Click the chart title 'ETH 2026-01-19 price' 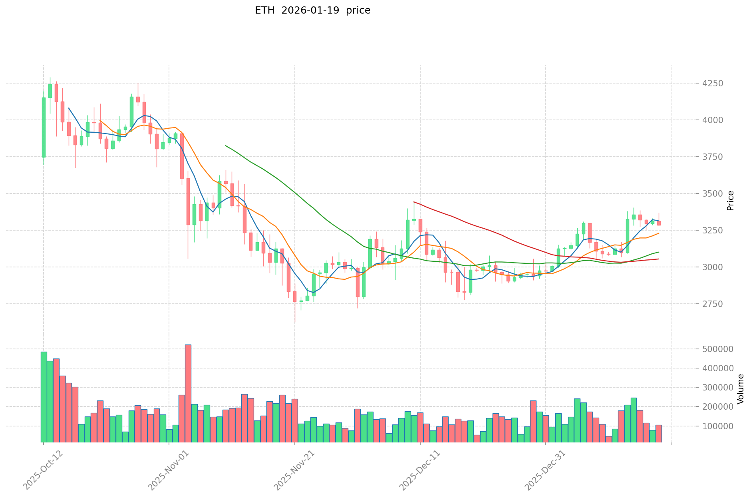coord(312,10)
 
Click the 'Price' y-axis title coord(730,201)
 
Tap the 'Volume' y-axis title coord(741,389)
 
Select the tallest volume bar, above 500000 coord(188,394)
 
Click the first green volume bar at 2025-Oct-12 coord(44,397)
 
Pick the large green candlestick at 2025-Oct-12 coord(44,127)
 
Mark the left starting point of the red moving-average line coord(414,202)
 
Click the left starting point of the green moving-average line coord(226,146)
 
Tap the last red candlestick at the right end coord(659,223)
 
